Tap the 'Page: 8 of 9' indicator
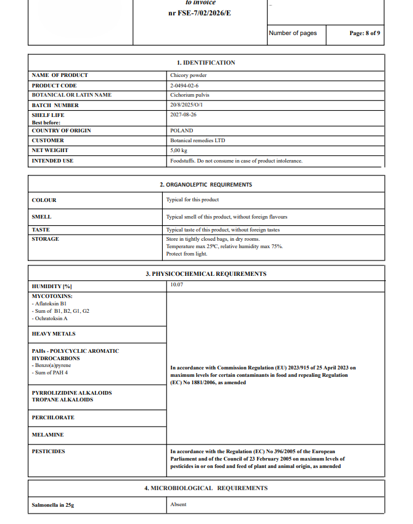point(365,33)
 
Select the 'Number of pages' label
point(293,33)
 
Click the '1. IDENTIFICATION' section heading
point(206,63)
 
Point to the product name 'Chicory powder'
point(188,75)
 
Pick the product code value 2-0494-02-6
point(184,86)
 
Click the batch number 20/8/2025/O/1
point(186,105)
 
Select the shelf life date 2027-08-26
point(183,115)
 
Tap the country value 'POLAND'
point(181,131)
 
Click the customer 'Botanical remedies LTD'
point(197,140)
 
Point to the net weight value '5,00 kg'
point(179,150)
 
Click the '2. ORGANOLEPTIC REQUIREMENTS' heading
point(206,185)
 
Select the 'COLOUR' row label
point(44,200)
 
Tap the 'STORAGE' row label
point(45,239)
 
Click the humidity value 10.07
point(177,285)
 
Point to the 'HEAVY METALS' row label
point(54,334)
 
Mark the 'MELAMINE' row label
point(47,435)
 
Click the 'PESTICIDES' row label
point(48,451)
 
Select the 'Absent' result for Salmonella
point(178,505)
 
